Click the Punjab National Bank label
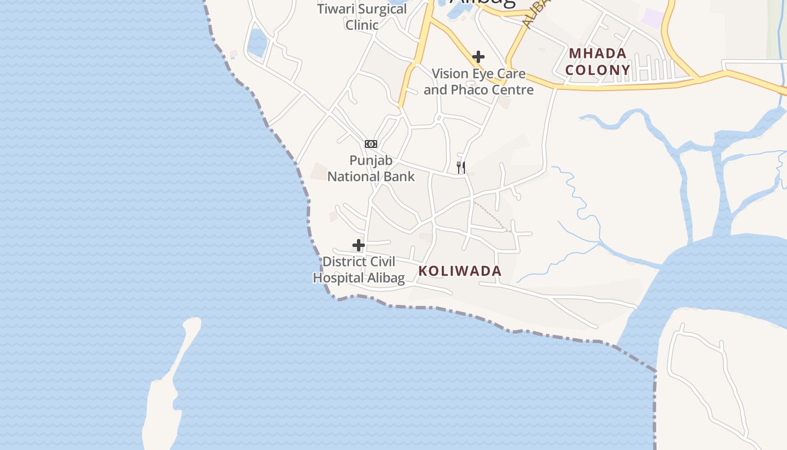[371, 168]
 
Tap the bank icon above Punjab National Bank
[370, 144]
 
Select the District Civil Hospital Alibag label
[359, 270]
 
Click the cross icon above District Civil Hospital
[359, 245]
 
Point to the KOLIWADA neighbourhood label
[460, 271]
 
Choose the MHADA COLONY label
[598, 62]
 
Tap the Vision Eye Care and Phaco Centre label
[478, 82]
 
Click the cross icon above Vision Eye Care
[478, 57]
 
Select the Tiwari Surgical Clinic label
[362, 17]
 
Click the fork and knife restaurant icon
[461, 167]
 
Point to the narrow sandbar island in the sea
[169, 382]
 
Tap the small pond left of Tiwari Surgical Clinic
[257, 43]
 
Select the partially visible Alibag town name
[482, 3]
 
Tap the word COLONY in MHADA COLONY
[598, 70]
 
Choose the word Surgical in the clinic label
[382, 10]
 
